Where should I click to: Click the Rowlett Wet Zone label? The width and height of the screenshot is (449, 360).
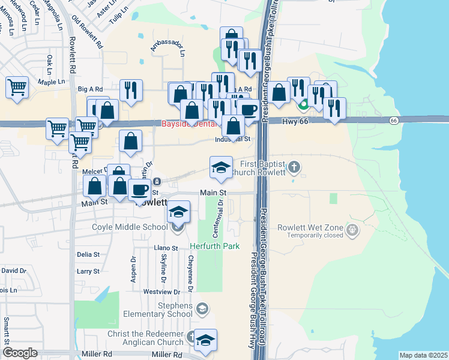tap(310, 228)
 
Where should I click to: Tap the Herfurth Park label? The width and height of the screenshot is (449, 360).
tap(215, 246)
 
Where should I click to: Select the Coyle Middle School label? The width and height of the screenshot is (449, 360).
tap(130, 227)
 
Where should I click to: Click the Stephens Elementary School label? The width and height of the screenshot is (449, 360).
tap(158, 310)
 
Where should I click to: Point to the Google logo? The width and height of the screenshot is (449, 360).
tap(20, 353)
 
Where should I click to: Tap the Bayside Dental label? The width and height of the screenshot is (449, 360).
tap(184, 125)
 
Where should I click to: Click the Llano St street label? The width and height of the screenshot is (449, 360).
tap(166, 248)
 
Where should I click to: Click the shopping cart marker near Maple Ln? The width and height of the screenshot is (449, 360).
tap(17, 86)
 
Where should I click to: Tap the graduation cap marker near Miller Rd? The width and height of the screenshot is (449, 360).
tap(205, 340)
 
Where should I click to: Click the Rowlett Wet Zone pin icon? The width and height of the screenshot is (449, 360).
tap(352, 229)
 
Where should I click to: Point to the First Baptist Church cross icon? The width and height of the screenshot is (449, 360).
tap(294, 166)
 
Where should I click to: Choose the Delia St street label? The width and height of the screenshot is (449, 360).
tap(88, 254)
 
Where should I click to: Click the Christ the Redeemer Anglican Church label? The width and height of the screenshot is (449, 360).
tap(145, 338)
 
